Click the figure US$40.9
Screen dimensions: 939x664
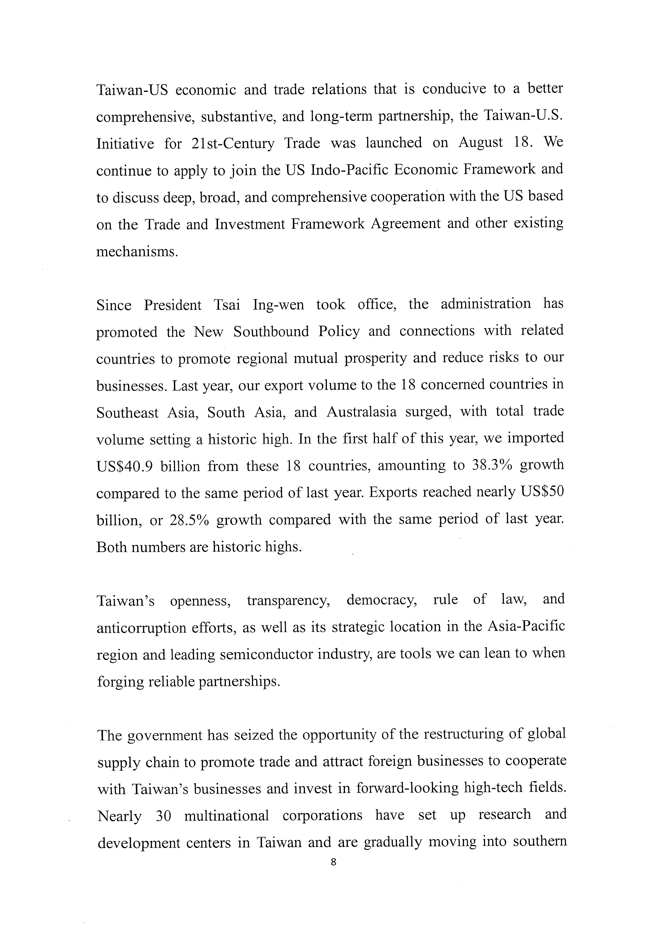tap(125, 467)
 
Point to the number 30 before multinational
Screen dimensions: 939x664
tap(163, 816)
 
